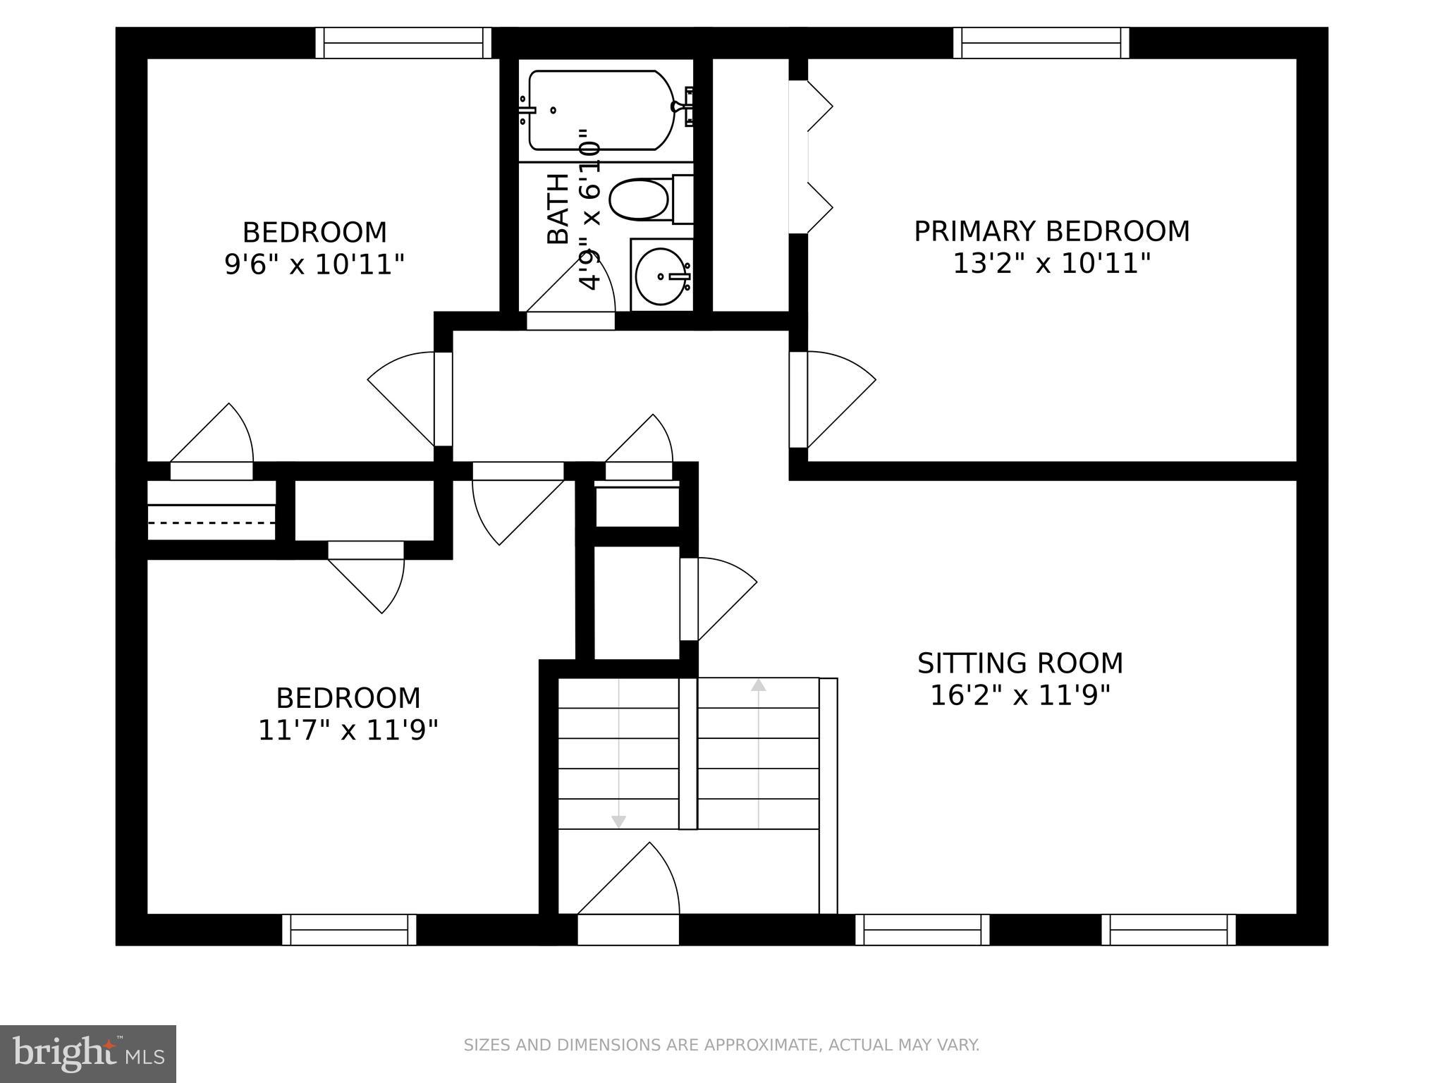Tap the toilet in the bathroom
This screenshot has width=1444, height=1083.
640,200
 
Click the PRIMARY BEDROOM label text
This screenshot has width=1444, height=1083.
1051,232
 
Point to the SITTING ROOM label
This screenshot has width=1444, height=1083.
1020,663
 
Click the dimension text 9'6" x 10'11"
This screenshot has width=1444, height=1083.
314,265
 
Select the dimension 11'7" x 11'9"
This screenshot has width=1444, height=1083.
348,730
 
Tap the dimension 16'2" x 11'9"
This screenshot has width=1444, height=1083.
1020,696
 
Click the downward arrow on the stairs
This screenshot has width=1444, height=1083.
618,821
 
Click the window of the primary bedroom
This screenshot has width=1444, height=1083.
1041,43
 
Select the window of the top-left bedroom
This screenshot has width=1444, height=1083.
403,43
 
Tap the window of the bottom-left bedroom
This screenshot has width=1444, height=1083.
349,929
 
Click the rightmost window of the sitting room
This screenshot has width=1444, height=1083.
1168,929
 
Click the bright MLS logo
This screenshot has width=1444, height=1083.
87,1053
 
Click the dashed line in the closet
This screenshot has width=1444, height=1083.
211,522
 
